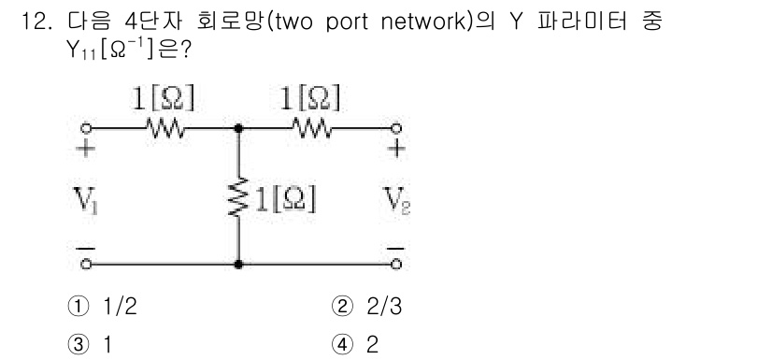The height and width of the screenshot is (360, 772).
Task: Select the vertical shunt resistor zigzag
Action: tap(240, 196)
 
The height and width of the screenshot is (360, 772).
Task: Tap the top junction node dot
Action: tap(240, 127)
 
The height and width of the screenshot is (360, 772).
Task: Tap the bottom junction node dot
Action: tap(240, 265)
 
